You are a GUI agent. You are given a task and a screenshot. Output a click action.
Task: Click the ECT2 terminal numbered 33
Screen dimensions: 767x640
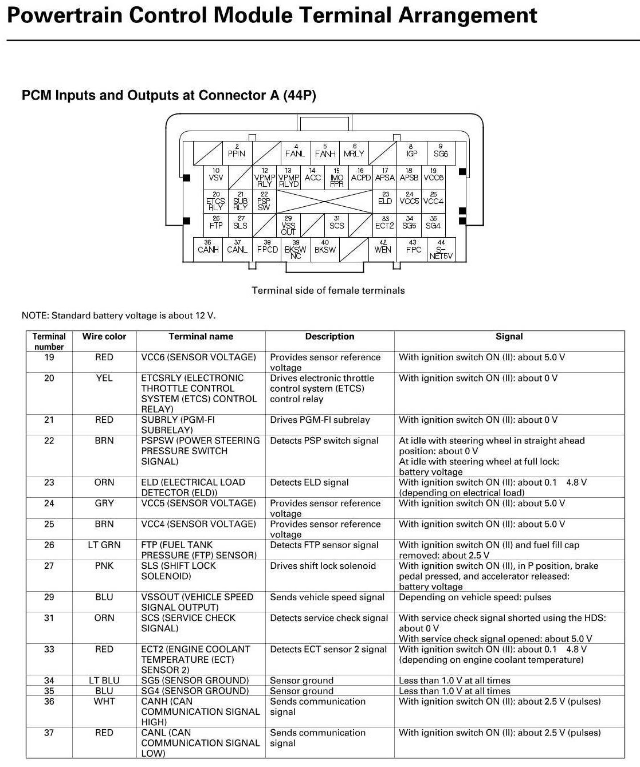385,223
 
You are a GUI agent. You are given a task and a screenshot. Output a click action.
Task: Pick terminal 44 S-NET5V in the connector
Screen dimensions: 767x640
441,250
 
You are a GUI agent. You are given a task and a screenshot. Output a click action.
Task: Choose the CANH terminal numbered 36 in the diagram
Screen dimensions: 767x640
208,247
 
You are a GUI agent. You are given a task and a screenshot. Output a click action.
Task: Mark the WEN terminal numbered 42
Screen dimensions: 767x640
383,247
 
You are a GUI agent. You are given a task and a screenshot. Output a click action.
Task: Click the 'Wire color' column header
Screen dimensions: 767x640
104,337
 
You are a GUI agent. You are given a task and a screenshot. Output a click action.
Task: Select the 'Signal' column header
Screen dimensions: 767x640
509,337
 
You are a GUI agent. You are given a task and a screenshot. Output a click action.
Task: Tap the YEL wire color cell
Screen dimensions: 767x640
104,378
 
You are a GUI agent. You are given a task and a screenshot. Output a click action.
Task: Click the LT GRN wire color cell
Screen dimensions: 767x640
104,545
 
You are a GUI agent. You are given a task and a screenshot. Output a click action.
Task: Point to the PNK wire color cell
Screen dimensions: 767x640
104,566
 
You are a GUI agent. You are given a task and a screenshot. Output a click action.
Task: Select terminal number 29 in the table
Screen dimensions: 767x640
49,597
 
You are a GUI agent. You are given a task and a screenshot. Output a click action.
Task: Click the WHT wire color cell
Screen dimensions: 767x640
104,702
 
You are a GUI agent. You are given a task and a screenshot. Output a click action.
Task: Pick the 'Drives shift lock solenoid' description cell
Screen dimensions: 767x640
323,566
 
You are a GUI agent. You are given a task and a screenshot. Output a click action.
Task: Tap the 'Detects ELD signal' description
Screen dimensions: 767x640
309,483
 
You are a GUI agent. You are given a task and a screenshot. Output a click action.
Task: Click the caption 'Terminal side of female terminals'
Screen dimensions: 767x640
328,291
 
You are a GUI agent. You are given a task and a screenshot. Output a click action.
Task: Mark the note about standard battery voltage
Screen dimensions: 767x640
119,316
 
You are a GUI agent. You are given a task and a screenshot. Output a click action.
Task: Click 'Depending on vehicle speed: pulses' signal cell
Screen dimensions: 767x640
475,597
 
